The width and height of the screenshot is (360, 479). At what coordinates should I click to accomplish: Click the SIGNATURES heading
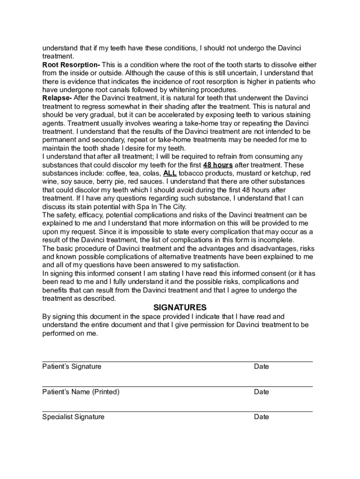pos(180,307)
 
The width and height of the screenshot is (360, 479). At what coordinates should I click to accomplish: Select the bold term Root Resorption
pos(70,65)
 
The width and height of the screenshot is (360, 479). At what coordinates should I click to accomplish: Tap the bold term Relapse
pos(56,98)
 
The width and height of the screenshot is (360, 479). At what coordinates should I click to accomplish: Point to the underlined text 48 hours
pos(218,165)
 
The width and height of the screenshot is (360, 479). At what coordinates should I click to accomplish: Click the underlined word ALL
pos(170,174)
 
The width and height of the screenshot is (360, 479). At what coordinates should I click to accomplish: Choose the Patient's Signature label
pos(72,366)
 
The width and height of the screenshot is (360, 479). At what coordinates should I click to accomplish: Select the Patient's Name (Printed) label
pos(81,392)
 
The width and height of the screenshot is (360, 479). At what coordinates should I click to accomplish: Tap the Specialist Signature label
pos(73,417)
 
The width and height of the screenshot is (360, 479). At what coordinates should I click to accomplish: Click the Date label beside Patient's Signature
pos(261,366)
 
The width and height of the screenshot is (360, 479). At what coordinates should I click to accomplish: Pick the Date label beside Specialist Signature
pos(261,417)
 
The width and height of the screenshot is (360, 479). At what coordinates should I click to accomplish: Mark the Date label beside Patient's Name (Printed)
pos(261,392)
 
